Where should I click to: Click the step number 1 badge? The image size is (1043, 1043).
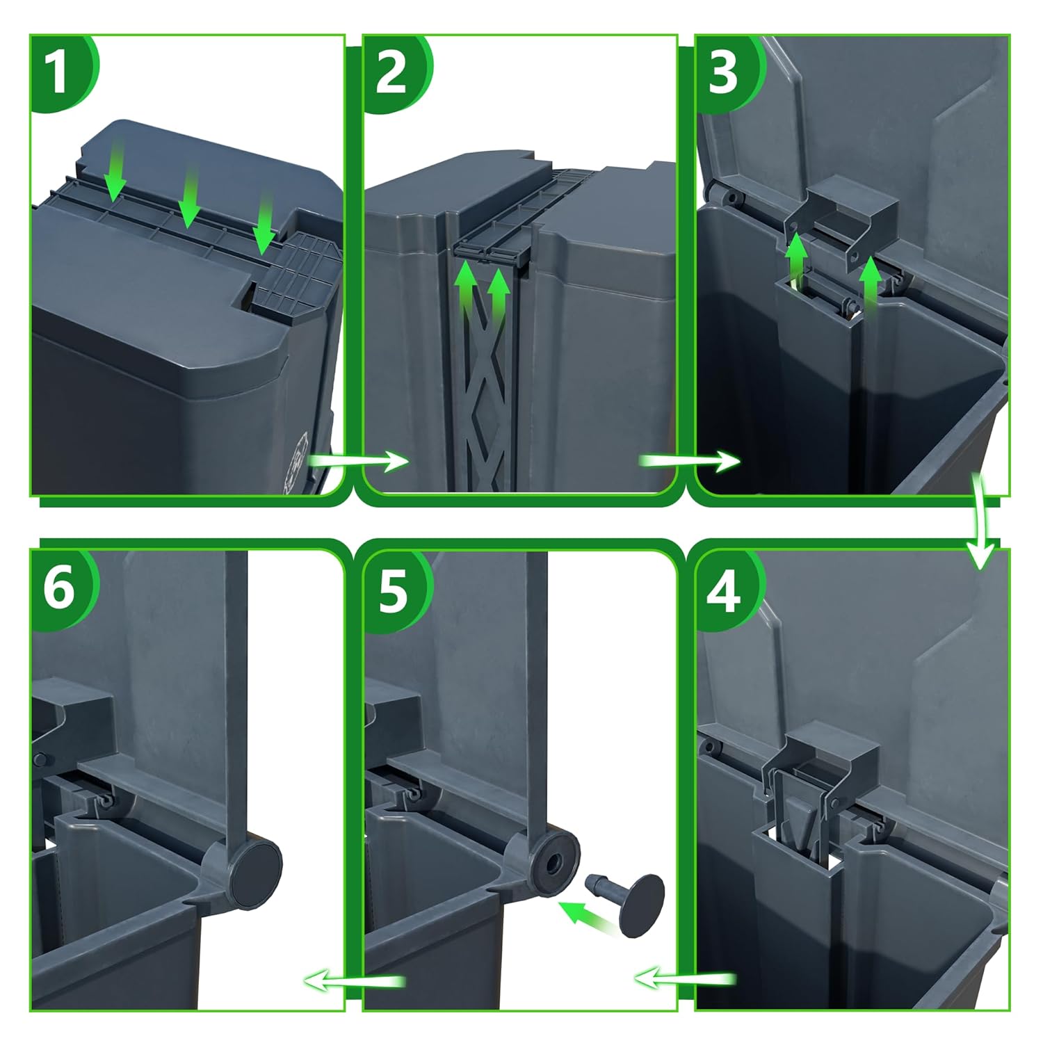(x=58, y=72)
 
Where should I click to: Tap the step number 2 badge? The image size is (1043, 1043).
(x=391, y=72)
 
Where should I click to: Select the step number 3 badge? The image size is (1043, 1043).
(x=723, y=72)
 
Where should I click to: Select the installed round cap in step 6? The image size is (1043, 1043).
(x=256, y=864)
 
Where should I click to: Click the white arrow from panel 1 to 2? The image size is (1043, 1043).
(x=358, y=460)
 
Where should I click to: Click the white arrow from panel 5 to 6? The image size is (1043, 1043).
(x=355, y=980)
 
